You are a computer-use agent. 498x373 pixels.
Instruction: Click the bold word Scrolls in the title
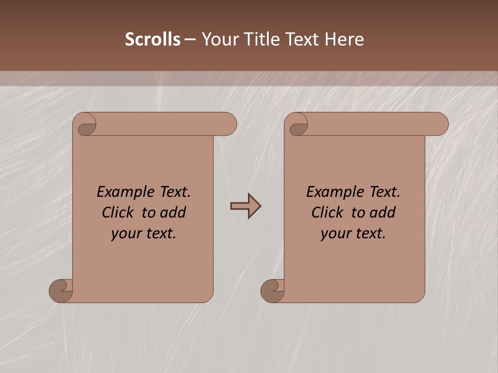(x=153, y=39)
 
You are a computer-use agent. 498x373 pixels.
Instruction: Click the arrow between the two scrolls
(x=245, y=206)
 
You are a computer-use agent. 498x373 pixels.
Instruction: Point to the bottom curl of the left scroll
(x=61, y=290)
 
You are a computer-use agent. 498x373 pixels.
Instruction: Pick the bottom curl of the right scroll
(x=272, y=290)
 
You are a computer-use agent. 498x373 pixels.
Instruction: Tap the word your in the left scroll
(x=125, y=234)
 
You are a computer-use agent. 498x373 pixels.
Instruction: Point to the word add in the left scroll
(x=172, y=212)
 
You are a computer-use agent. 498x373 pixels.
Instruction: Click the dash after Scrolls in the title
(x=190, y=40)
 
